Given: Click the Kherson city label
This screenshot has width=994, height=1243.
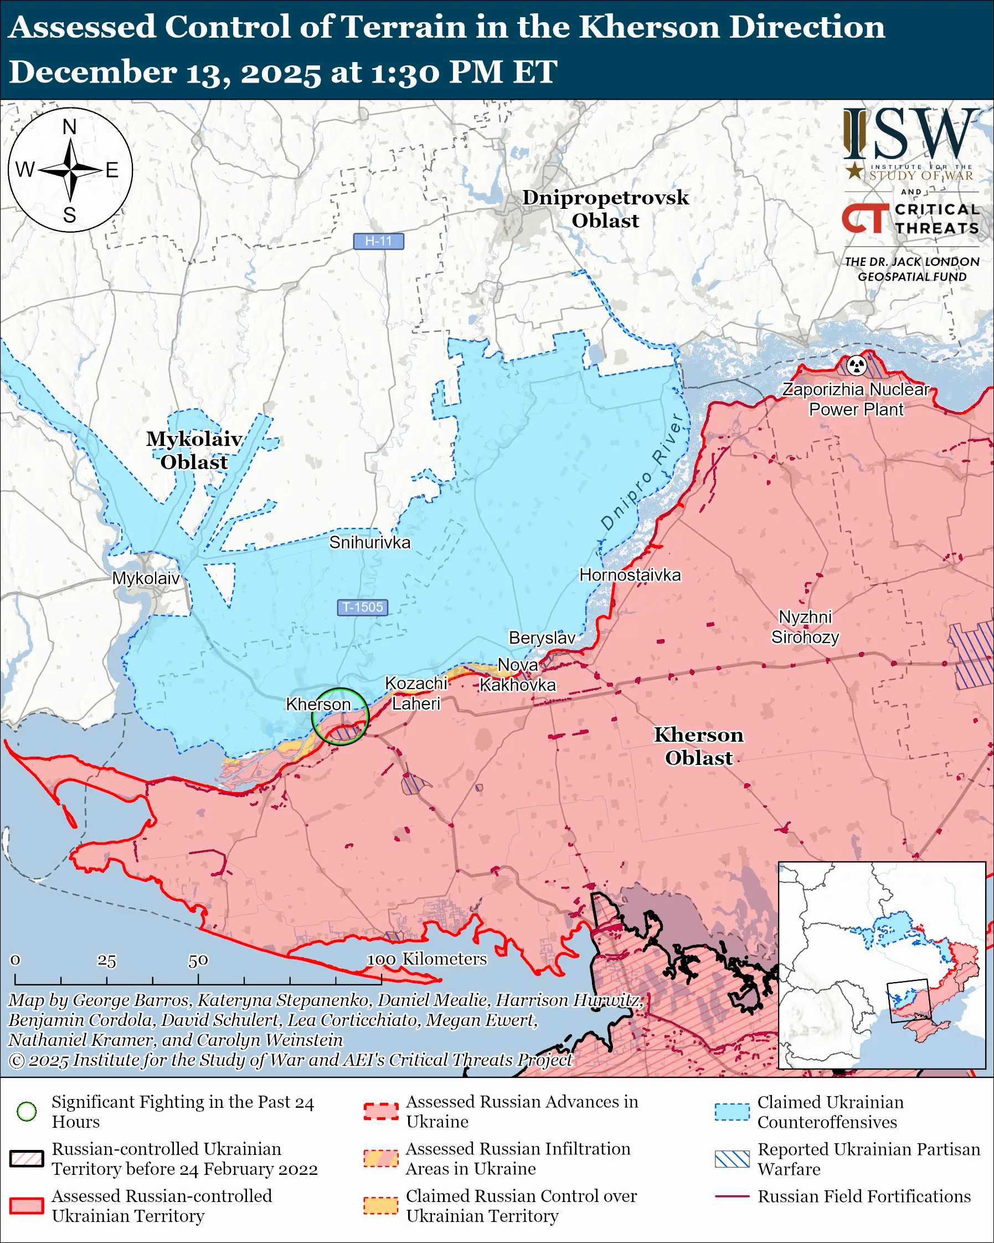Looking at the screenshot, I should [x=318, y=704].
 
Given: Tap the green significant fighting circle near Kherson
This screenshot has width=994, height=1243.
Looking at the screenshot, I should [x=340, y=717].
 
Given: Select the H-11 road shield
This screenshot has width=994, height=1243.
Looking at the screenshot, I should [x=379, y=241].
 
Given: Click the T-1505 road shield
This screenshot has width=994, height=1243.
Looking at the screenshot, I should [x=363, y=607].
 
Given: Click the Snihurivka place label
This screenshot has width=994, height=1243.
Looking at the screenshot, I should [x=370, y=542].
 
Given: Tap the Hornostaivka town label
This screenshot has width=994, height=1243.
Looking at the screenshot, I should [x=630, y=575].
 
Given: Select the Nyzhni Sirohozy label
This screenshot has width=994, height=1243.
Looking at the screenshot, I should [x=805, y=626].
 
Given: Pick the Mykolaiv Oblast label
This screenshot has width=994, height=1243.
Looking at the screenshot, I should [x=194, y=450].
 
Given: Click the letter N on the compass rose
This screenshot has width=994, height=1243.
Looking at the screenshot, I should [x=70, y=127].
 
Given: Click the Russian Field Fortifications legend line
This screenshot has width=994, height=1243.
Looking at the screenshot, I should [x=732, y=1196].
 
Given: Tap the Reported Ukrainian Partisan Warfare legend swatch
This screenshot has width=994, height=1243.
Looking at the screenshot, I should [x=732, y=1159].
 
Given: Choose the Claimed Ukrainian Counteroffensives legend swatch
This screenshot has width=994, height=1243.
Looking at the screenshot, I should [x=732, y=1112].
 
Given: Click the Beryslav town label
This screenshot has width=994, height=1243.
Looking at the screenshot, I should [x=542, y=638].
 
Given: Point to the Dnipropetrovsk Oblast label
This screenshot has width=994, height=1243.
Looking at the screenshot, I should [x=605, y=209].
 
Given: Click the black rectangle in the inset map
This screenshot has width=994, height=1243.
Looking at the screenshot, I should [x=909, y=1001].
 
